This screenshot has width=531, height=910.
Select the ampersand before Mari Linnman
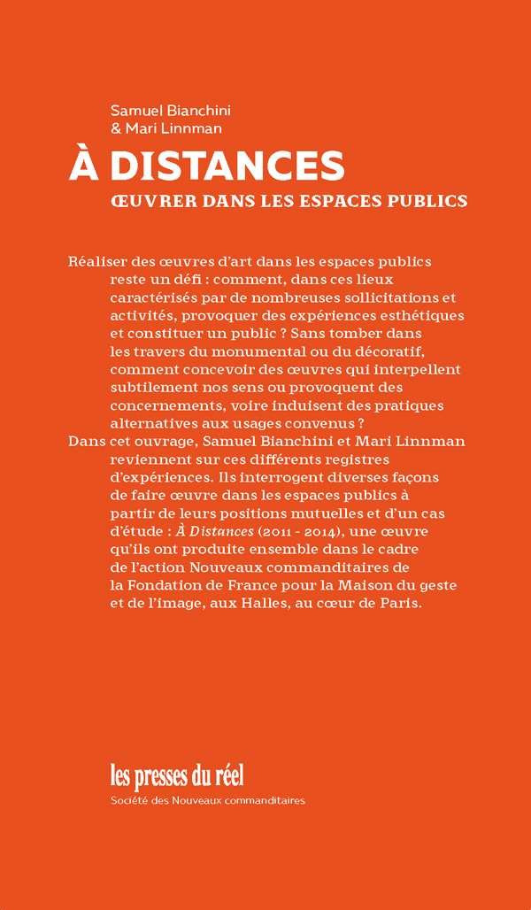[116, 129]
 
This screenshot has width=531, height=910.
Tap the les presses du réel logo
[177, 775]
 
